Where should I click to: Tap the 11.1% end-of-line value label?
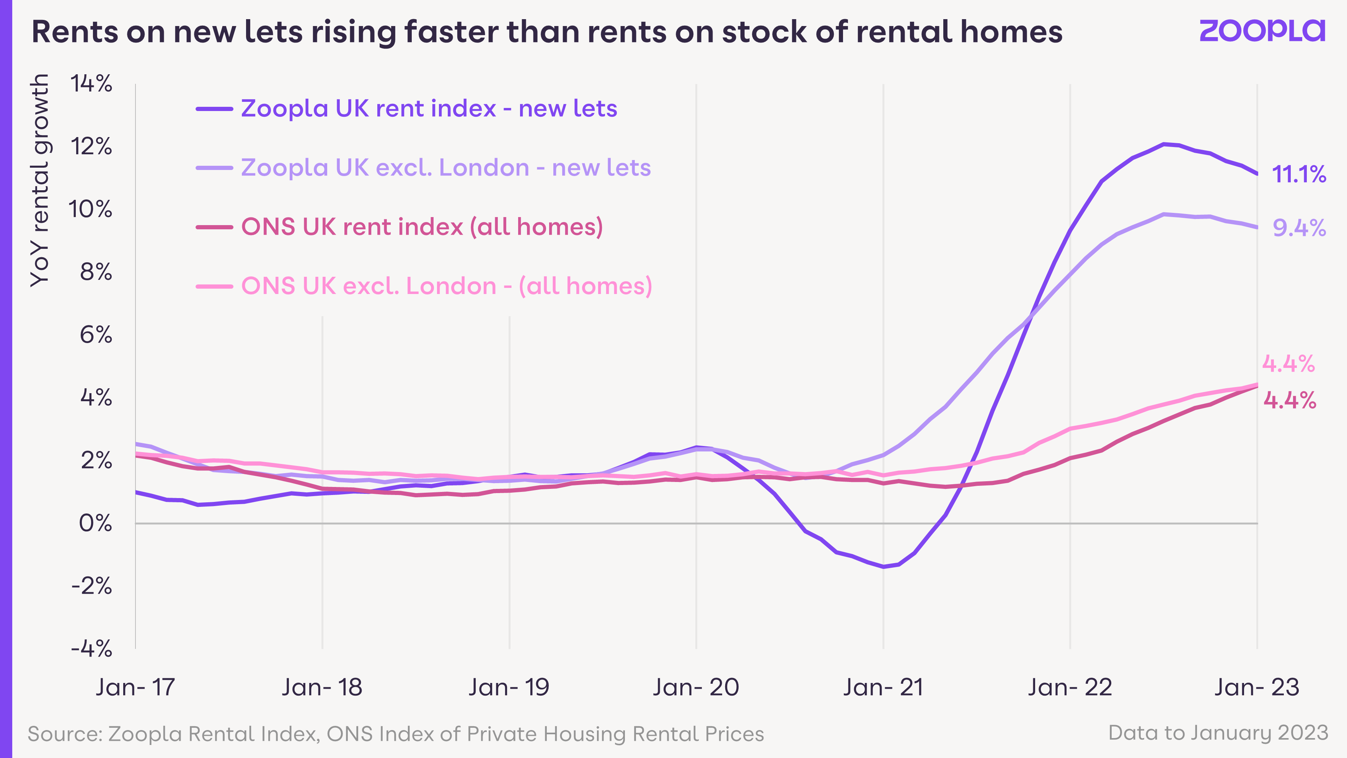point(1299,174)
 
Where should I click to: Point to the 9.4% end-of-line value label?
point(1299,227)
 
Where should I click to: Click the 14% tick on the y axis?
point(91,84)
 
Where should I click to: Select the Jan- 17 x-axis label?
point(135,687)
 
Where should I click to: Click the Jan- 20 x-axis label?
point(696,687)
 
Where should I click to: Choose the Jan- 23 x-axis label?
point(1257,687)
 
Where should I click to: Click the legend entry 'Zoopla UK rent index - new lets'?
point(407,108)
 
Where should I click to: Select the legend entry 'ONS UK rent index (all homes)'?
point(400,227)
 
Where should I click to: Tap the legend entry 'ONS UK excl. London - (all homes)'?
point(424,286)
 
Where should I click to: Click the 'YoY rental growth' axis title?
point(40,180)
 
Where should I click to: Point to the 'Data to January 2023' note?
point(1218,733)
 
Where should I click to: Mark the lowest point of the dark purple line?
point(884,567)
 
